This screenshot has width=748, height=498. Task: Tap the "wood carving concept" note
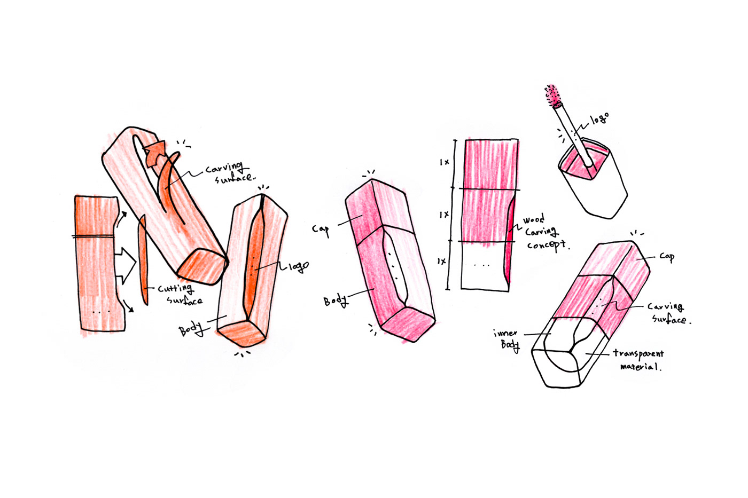(545, 233)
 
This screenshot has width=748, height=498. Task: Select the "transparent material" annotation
(638, 360)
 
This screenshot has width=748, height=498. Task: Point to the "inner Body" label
(507, 340)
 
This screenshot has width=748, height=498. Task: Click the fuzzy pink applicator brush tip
(552, 96)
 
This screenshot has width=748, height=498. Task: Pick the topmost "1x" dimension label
(445, 162)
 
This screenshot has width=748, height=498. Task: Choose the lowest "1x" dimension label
(441, 261)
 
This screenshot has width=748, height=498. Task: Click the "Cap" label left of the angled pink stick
(321, 230)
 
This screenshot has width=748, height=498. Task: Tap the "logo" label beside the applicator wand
(599, 118)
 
